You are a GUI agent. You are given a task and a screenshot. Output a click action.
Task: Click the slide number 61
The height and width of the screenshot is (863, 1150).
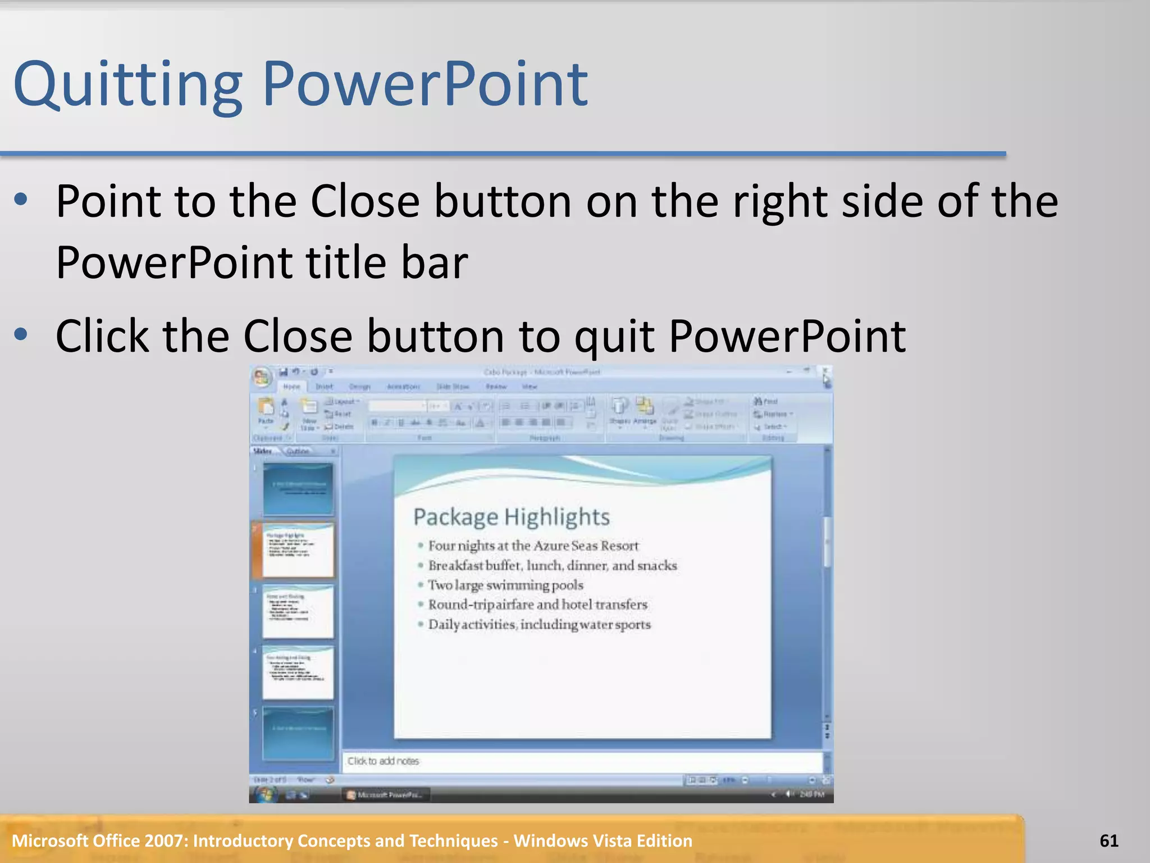[x=1109, y=841]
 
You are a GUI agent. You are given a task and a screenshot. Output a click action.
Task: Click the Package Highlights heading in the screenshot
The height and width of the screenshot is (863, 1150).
[x=511, y=517]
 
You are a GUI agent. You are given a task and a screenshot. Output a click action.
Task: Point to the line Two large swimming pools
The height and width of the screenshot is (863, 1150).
[x=505, y=585]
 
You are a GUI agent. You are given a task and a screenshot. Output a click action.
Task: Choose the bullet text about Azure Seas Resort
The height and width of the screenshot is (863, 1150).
[x=533, y=546]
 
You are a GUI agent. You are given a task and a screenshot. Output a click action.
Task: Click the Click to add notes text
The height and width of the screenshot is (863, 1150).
[x=383, y=761]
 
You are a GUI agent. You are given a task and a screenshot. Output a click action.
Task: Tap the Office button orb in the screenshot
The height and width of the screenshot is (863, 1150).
[x=261, y=377]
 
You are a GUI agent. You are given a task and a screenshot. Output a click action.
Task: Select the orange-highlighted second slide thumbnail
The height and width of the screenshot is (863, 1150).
[x=298, y=550]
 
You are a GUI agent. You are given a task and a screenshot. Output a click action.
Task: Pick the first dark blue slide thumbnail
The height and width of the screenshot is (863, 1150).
[x=298, y=488]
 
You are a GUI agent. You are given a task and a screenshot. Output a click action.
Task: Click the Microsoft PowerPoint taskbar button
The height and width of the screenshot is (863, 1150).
[x=386, y=794]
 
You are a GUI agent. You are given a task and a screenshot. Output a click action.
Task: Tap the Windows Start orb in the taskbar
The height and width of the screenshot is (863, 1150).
[x=264, y=794]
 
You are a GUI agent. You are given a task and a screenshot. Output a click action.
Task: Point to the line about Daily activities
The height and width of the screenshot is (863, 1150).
[x=539, y=625]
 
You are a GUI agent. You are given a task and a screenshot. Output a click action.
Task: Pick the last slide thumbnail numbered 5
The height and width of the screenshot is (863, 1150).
[x=298, y=733]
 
